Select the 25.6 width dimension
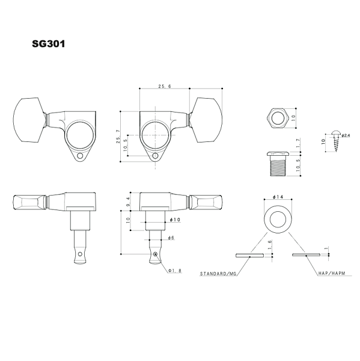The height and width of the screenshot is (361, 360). pyautogui.click(x=165, y=87)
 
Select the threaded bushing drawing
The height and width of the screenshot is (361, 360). pyautogui.click(x=278, y=163)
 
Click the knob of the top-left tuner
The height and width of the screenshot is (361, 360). pyautogui.click(x=29, y=120)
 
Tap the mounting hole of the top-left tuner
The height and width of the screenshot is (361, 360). pyautogui.click(x=80, y=158)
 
